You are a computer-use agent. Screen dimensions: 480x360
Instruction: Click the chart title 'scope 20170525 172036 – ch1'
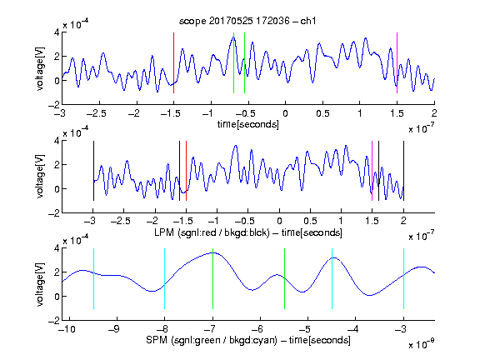247,21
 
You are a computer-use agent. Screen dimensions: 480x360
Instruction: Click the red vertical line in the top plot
173,62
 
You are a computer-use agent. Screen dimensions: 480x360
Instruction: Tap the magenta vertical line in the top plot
397,62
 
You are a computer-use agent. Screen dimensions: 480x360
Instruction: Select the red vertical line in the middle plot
186,171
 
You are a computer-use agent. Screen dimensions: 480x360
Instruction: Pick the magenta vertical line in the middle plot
372,171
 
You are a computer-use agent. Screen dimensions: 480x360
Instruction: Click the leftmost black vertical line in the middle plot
93,171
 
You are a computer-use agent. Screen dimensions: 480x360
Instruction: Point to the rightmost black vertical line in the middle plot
403,171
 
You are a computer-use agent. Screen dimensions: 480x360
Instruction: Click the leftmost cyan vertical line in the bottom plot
93,278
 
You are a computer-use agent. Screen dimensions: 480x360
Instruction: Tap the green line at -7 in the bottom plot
212,278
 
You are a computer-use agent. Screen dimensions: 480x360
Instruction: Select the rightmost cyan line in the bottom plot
403,278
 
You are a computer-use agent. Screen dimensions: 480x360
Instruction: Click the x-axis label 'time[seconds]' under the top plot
248,124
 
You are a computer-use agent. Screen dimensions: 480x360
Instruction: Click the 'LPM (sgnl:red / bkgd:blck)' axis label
212,232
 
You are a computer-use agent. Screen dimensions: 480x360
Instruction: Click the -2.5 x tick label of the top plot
96,114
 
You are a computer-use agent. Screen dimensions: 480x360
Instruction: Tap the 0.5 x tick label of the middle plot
310,221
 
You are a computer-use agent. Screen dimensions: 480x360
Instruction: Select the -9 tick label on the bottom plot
114,329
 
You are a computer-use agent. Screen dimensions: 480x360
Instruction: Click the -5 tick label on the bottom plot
305,329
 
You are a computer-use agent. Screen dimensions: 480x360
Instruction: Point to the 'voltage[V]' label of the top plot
40,68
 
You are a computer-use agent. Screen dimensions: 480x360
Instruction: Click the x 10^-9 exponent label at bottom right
421,344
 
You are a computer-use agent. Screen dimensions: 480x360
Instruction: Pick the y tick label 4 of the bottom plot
57,248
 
